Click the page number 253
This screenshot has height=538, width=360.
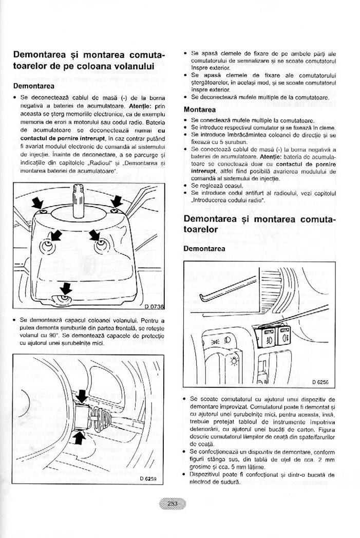tap(172, 504)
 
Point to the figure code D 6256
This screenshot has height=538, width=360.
tap(320, 382)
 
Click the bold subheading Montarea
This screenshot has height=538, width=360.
tap(200, 109)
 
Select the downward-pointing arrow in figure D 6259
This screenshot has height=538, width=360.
tap(82, 397)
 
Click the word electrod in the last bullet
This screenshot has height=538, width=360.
tap(202, 481)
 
